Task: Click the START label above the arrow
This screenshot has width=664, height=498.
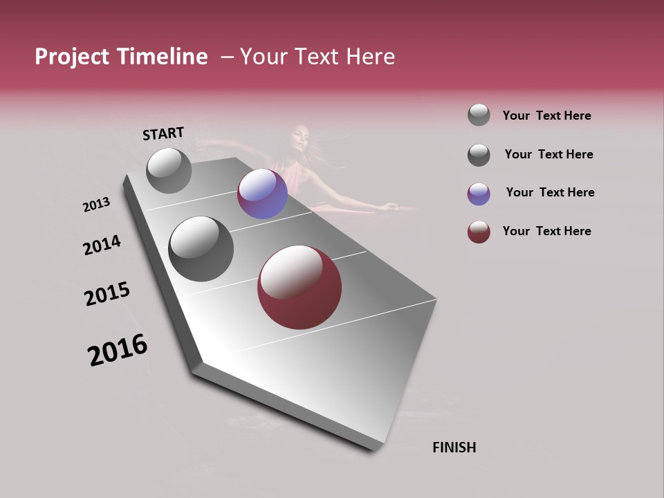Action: (163, 133)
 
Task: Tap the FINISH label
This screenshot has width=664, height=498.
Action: (454, 448)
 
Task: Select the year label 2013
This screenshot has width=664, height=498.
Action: (96, 205)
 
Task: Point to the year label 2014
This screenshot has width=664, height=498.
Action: (102, 246)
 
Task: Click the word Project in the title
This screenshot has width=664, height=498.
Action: (72, 57)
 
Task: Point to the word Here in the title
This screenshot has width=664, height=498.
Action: (371, 57)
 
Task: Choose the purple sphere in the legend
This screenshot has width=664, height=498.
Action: (479, 194)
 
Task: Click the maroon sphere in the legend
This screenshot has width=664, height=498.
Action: (479, 232)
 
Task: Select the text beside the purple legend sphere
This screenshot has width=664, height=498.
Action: (550, 192)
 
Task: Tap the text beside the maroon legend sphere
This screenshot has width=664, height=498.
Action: (546, 231)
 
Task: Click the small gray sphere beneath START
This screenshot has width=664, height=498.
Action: (169, 170)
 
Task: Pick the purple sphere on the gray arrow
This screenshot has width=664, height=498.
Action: (262, 194)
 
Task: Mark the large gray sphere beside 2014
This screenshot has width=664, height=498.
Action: (201, 249)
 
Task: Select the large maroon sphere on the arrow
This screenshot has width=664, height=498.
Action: (299, 287)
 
